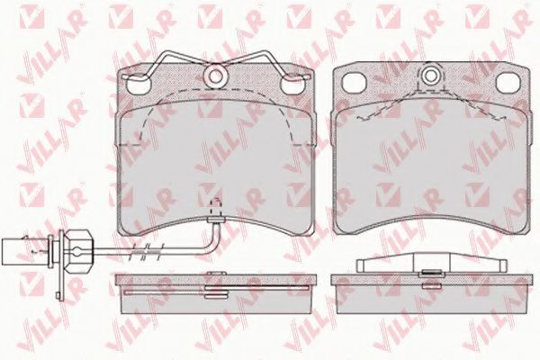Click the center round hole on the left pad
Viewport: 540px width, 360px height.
[x=215, y=76]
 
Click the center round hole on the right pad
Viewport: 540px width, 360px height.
[x=430, y=76]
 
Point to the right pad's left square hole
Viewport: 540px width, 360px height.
[x=354, y=83]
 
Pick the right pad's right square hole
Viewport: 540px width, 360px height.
[x=508, y=83]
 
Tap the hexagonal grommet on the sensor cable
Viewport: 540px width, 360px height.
[x=79, y=251]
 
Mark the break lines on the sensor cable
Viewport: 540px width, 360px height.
[x=146, y=251]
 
